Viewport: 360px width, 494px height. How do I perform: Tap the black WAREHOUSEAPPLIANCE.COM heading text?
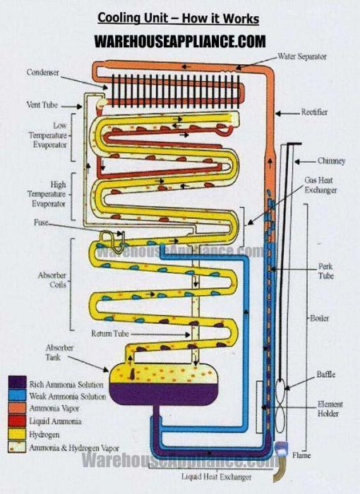(180, 41)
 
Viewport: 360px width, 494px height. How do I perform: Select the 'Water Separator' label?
(306, 56)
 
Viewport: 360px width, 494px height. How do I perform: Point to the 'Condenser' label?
(43, 72)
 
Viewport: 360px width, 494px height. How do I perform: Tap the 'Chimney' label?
(331, 161)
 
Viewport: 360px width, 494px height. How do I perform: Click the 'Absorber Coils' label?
(52, 280)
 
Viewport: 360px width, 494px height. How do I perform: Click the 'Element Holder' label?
(330, 409)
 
